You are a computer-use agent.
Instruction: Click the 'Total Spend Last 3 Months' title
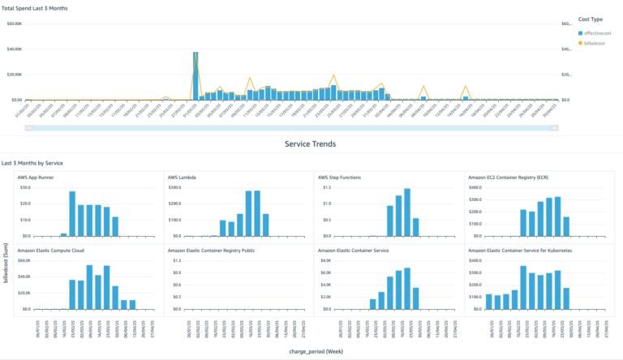[35, 8]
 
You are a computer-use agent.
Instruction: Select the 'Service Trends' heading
[311, 144]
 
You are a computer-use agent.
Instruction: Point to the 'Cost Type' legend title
[590, 18]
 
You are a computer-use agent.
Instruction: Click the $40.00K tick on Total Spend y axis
[15, 49]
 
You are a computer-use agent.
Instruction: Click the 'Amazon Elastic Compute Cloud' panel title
[55, 251]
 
